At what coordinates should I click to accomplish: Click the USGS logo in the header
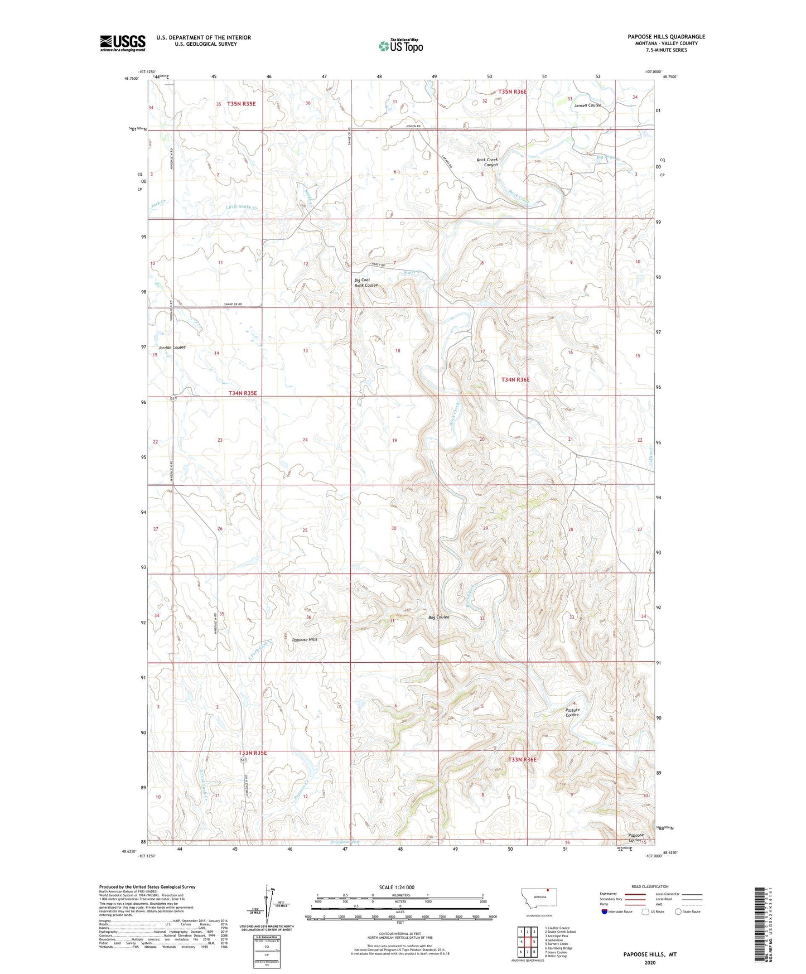click(123, 43)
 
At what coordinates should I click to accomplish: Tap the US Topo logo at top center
click(400, 46)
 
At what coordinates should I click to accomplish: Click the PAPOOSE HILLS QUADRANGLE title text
click(666, 37)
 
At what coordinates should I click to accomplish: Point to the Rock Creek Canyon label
click(487, 162)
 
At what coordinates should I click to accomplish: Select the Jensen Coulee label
click(587, 105)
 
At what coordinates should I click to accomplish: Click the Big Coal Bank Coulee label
click(366, 283)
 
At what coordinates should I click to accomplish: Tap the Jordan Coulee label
click(172, 348)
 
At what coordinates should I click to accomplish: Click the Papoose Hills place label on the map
click(305, 640)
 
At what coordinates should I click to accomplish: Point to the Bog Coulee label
click(438, 617)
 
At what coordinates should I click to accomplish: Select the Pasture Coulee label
click(572, 712)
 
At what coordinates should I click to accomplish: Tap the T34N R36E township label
click(515, 379)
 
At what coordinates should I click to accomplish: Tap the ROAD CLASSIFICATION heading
click(650, 886)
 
